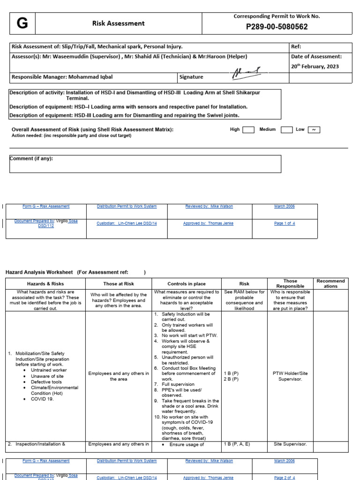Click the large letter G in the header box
click(22, 23)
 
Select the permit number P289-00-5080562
click(277, 27)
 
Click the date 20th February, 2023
click(314, 67)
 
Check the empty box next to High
click(248, 130)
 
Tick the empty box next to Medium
click(286, 130)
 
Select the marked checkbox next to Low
click(314, 130)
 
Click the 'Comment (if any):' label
click(32, 158)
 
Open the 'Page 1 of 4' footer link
click(285, 224)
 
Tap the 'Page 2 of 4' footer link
click(285, 478)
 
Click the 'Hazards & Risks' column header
click(45, 284)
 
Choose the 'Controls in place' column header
click(187, 284)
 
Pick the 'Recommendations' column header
click(330, 283)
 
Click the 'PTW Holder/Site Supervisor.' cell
click(290, 376)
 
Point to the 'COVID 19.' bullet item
click(42, 399)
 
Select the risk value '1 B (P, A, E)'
click(237, 444)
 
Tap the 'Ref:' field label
click(296, 47)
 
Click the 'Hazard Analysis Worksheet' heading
click(39, 272)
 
